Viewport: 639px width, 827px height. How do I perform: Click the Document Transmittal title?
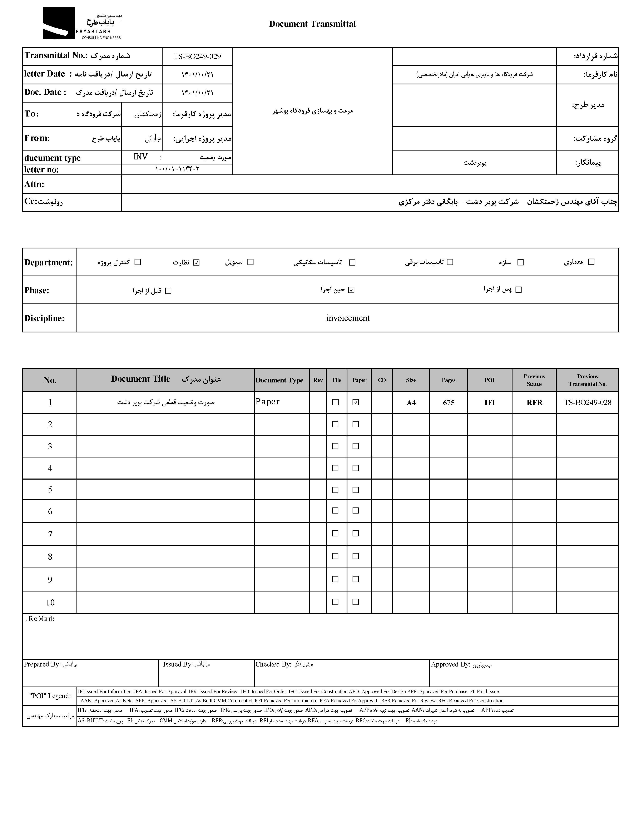point(312,24)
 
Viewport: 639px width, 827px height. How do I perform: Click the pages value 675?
point(449,402)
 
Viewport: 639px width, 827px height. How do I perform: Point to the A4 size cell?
point(411,402)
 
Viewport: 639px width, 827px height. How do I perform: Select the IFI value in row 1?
point(490,402)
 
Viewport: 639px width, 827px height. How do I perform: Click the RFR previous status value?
point(534,402)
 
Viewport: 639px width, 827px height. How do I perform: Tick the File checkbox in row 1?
point(335,402)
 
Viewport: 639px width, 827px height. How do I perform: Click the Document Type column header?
point(279,380)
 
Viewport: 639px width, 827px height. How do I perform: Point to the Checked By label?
point(273,664)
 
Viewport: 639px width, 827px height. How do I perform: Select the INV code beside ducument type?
point(140,157)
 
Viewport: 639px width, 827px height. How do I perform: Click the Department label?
point(48,262)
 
